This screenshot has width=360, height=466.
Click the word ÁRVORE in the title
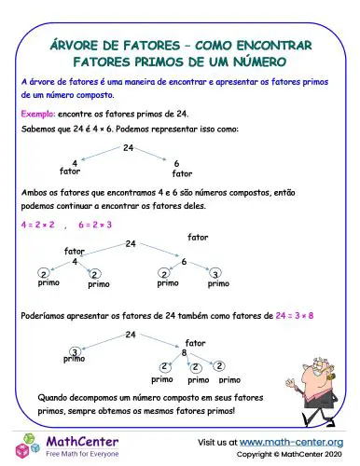[79, 45]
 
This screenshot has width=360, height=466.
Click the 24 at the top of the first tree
[128, 148]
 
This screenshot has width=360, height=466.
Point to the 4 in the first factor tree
[75, 163]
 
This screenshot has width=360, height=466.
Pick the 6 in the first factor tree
[176, 163]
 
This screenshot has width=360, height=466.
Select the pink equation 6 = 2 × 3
[95, 225]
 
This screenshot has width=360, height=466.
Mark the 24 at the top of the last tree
[132, 334]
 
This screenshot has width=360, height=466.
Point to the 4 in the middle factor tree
[75, 262]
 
